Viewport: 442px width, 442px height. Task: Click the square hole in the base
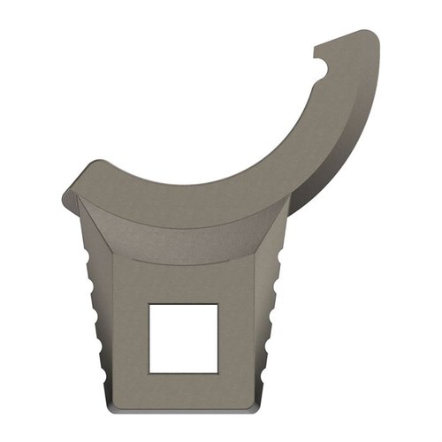183,337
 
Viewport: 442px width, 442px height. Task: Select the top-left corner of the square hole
149,304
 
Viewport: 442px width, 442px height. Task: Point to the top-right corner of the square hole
217,304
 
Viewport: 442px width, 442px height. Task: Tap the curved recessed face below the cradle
177,234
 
